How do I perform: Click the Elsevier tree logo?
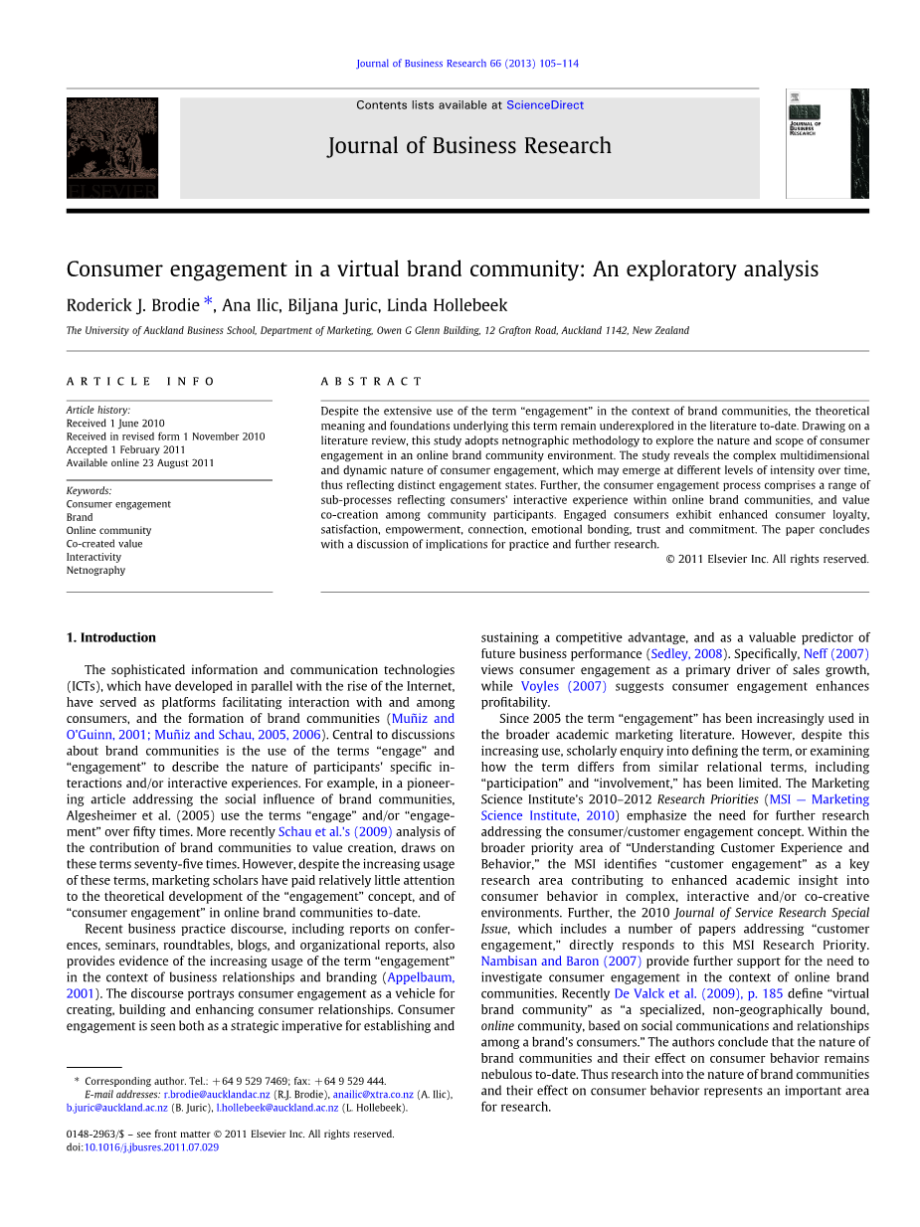(112, 147)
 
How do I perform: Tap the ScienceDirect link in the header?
(544, 105)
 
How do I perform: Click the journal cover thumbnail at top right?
(827, 143)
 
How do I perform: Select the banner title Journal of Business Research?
(469, 146)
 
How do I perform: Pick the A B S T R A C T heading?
(371, 381)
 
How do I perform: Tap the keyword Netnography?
(95, 570)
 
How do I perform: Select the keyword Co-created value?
(104, 544)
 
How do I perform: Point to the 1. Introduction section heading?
(111, 637)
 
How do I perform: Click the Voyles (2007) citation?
(563, 686)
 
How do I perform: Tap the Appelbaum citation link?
(421, 977)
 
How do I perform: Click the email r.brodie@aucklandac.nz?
(217, 1094)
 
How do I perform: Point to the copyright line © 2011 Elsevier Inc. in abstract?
(767, 559)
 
